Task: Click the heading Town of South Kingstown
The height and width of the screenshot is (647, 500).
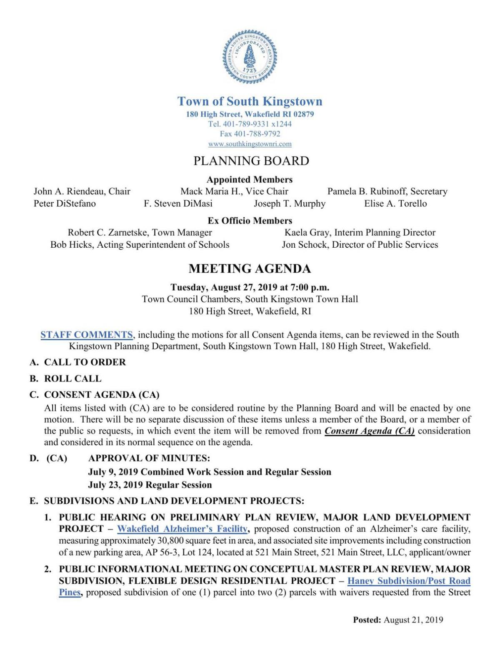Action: point(250,102)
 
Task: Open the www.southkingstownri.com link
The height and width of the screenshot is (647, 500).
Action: point(250,144)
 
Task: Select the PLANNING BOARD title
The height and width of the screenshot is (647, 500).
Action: point(251,161)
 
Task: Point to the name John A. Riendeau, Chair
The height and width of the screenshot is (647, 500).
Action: point(82,192)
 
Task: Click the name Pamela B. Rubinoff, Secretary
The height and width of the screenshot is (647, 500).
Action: point(387,192)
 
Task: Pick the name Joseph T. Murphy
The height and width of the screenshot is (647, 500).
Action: point(290,204)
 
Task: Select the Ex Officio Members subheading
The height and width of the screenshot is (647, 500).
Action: point(250,221)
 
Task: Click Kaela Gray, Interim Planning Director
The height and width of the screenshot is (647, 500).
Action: point(360,233)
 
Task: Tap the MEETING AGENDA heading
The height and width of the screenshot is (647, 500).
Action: point(250,269)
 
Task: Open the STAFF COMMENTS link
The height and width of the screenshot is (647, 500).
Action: point(87,335)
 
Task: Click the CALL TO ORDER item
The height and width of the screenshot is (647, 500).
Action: point(85,362)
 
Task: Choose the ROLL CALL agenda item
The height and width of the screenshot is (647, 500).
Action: point(73,379)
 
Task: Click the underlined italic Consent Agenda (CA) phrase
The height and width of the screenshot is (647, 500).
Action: point(369,431)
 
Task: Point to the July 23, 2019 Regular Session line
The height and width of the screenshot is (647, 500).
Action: point(150,485)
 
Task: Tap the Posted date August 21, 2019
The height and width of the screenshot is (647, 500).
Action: point(413,620)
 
